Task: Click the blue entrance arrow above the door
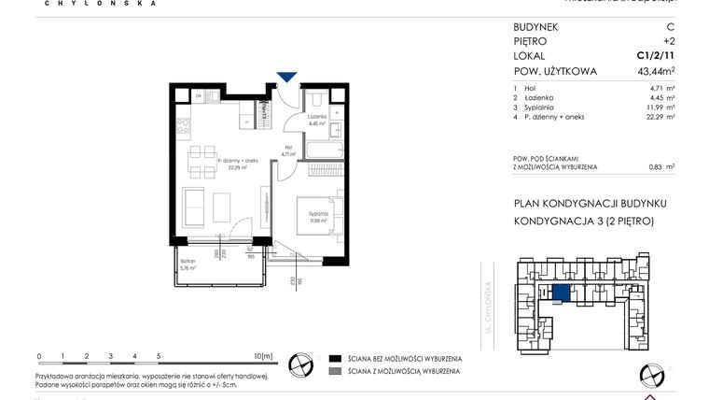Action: tap(288, 78)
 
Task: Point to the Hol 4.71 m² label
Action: tap(288, 150)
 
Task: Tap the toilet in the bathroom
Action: tap(316, 99)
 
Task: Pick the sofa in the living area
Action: tap(195, 206)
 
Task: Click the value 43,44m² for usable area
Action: tap(656, 71)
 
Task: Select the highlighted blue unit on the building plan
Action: tap(560, 294)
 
